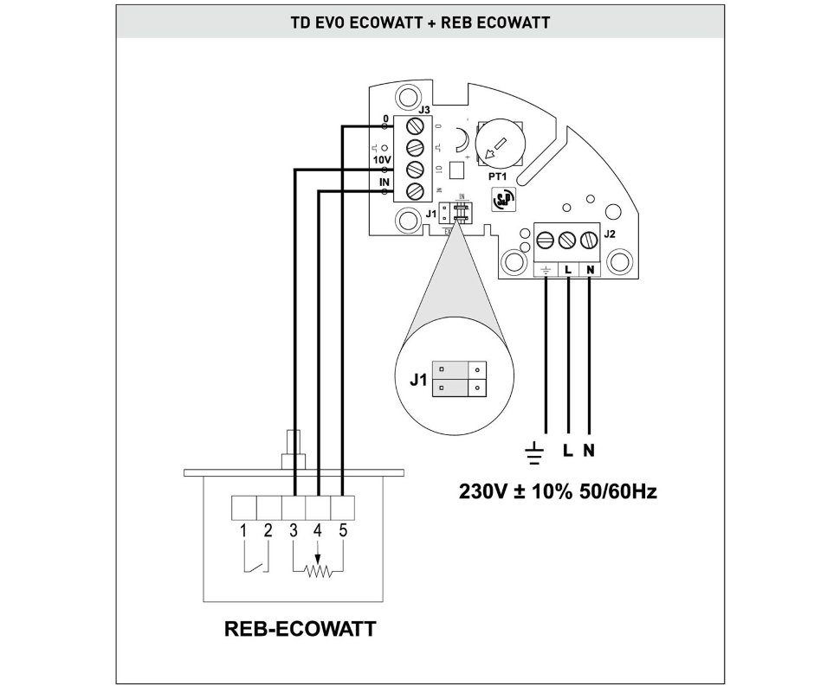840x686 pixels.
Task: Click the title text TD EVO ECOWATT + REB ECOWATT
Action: point(419,22)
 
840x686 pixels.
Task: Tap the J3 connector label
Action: point(423,110)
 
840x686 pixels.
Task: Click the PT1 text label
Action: point(498,176)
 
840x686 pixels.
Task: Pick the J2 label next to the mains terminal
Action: point(608,233)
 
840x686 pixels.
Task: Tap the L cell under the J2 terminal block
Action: point(567,270)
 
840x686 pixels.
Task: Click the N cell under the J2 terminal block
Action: point(590,270)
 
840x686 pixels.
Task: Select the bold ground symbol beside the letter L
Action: point(536,451)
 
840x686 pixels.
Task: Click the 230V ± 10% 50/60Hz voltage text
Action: point(558,493)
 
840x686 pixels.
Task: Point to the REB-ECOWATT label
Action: point(300,629)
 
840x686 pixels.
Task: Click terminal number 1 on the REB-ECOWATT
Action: point(244,530)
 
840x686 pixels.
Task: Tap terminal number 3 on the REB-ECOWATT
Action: point(294,530)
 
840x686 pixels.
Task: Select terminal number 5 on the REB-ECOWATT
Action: point(343,530)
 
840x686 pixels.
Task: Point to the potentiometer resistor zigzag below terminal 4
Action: point(319,571)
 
